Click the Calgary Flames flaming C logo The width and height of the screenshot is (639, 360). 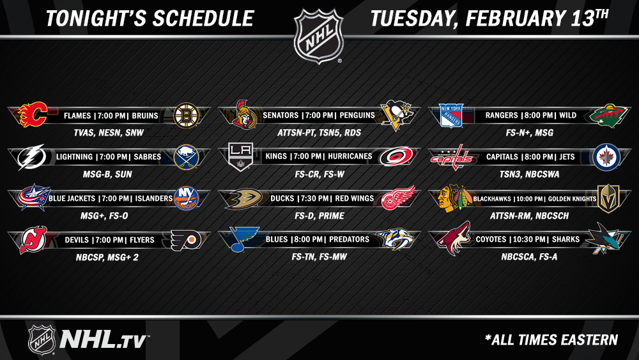point(33,114)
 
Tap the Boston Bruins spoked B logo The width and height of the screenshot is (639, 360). point(186,115)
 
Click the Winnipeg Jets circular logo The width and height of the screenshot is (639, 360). point(606,157)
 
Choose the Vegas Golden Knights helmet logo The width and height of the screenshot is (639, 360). point(608,198)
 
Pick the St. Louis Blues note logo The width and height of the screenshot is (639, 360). point(243,239)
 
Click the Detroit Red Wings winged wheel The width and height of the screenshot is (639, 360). point(397,198)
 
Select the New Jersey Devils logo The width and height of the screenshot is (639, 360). point(33,240)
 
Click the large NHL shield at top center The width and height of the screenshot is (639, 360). point(319,36)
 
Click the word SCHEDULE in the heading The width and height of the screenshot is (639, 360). point(203,19)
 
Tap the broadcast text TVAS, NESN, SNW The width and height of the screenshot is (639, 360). point(109,132)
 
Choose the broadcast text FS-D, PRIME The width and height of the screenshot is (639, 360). point(319,215)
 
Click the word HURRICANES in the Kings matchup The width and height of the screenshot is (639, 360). point(350,156)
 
